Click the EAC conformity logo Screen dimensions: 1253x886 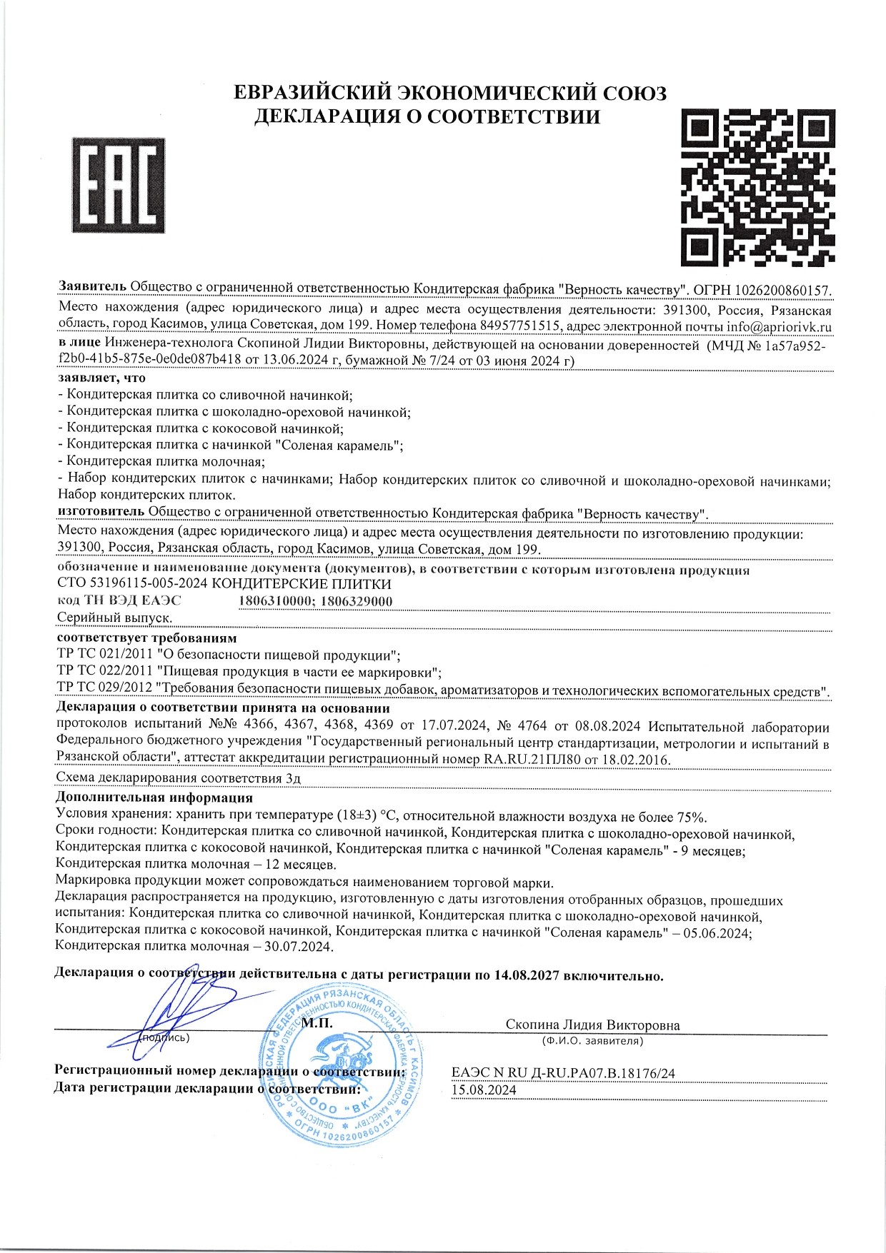coord(119,185)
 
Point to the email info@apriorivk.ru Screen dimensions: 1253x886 coord(779,326)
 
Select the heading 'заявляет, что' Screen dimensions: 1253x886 coord(101,378)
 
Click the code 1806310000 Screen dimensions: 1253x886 coord(276,601)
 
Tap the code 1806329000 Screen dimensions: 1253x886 coord(357,601)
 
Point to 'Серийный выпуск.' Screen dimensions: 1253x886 coord(114,618)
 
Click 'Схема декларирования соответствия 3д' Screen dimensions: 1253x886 coord(178,778)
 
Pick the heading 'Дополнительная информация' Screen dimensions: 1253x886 coord(154,797)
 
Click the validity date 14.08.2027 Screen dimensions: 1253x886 coord(527,975)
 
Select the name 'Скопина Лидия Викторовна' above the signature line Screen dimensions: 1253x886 coord(592,1025)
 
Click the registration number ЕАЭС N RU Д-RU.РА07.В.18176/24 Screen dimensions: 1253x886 coord(564,1073)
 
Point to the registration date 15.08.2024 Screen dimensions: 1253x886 coord(484,1090)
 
